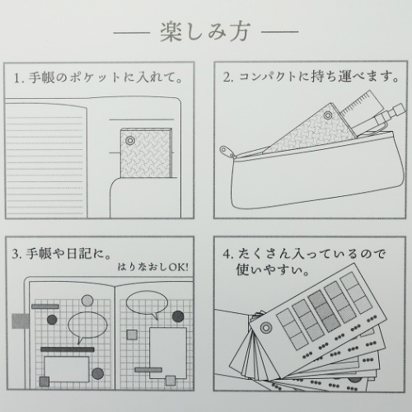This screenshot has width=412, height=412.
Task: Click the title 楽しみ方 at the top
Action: (205, 31)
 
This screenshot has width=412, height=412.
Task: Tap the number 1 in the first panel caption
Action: (17, 78)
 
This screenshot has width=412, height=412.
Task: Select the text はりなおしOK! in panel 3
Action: (153, 267)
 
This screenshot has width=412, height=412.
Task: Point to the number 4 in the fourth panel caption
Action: (227, 254)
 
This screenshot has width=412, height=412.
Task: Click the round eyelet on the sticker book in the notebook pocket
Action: (130, 141)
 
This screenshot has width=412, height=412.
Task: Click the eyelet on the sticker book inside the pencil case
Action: (328, 115)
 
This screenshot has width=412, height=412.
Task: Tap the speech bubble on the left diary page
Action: (87, 326)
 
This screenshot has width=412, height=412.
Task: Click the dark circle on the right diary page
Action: (178, 316)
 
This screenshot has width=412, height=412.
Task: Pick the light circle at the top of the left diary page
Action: (87, 301)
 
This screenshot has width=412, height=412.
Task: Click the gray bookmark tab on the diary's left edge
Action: (21, 321)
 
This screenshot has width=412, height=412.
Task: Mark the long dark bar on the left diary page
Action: (68, 349)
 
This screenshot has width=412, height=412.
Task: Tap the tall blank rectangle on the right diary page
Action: (168, 353)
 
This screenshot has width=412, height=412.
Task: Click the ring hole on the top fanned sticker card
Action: (265, 328)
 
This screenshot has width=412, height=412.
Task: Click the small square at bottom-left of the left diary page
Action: (44, 382)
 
